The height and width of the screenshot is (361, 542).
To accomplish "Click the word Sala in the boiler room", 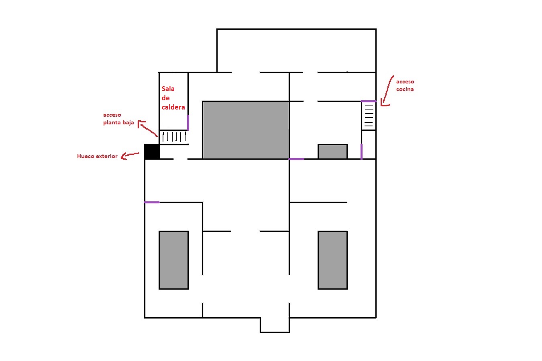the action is pyautogui.click(x=168, y=89).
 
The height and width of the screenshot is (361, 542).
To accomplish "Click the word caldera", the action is pyautogui.click(x=173, y=107).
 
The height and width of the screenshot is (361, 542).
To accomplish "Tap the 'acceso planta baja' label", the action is pyautogui.click(x=118, y=119).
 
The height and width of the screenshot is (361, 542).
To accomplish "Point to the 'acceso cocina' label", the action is pyautogui.click(x=405, y=85).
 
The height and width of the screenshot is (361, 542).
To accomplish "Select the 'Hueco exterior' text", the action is pyautogui.click(x=97, y=156).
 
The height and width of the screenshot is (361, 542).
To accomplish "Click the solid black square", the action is pyautogui.click(x=152, y=152).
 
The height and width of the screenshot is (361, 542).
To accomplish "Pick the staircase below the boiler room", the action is pyautogui.click(x=174, y=137).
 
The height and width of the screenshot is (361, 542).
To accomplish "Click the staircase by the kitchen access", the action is pyautogui.click(x=369, y=116).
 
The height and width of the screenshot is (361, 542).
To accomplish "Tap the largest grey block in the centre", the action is pyautogui.click(x=246, y=130).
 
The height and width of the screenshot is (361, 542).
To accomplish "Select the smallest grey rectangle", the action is pyautogui.click(x=332, y=152).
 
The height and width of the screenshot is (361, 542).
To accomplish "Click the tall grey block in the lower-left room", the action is pyautogui.click(x=173, y=260).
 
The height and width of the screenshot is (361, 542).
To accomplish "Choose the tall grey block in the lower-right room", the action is pyautogui.click(x=332, y=260).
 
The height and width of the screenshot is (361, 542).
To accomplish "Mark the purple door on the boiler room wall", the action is pyautogui.click(x=188, y=123).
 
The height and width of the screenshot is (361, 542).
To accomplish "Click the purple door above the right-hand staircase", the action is pyautogui.click(x=369, y=101).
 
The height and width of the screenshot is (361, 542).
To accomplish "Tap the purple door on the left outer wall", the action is pyautogui.click(x=152, y=203).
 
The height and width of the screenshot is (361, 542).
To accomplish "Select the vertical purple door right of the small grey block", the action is pyautogui.click(x=361, y=152).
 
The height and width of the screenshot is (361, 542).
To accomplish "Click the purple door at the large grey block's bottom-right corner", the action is pyautogui.click(x=296, y=159).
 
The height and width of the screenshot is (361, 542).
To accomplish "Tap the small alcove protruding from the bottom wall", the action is pyautogui.click(x=275, y=325).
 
